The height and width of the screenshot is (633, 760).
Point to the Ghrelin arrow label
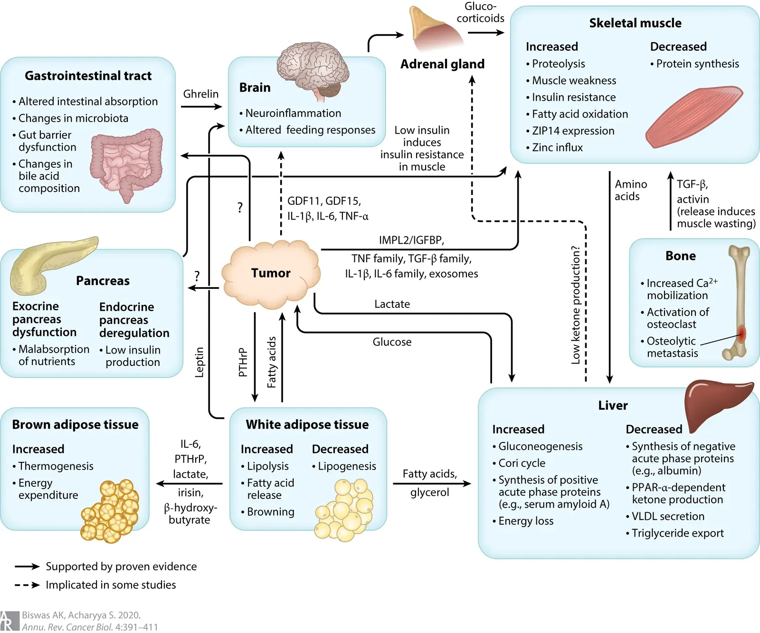(201, 94)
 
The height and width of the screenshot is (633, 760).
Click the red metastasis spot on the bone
(741, 333)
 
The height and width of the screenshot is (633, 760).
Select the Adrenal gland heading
(442, 64)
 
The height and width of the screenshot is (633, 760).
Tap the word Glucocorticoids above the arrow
(480, 12)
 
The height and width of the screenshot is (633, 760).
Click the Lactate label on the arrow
(392, 304)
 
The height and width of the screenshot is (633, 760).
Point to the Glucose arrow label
(392, 342)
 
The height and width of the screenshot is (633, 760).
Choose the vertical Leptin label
(199, 362)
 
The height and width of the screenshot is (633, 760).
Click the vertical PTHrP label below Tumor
(243, 362)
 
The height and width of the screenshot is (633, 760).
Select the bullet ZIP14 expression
(573, 131)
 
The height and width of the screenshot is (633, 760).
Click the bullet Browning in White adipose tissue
(270, 512)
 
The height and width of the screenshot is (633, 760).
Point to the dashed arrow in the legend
(27, 585)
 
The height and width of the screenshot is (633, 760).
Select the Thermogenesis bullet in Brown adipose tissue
(56, 466)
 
